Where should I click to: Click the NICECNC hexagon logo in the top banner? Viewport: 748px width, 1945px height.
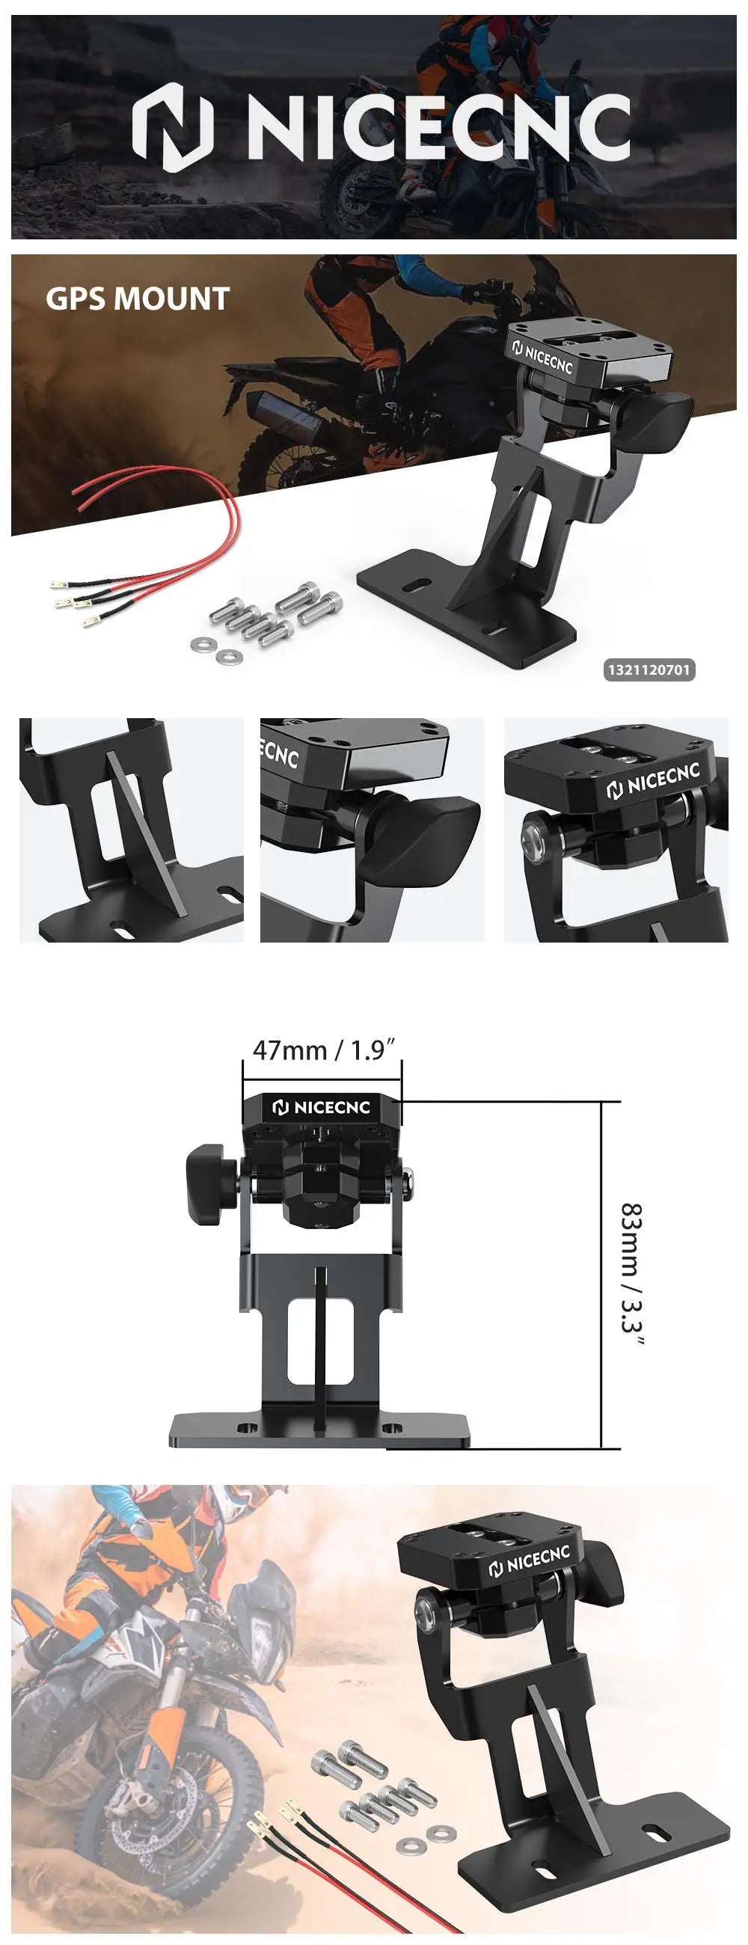(173, 127)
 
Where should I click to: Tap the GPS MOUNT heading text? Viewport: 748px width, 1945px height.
(138, 299)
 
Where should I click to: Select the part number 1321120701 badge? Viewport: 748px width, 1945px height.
(649, 670)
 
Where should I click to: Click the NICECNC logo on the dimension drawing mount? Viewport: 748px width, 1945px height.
(322, 1108)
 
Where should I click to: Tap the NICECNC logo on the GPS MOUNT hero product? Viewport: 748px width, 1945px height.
(543, 356)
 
